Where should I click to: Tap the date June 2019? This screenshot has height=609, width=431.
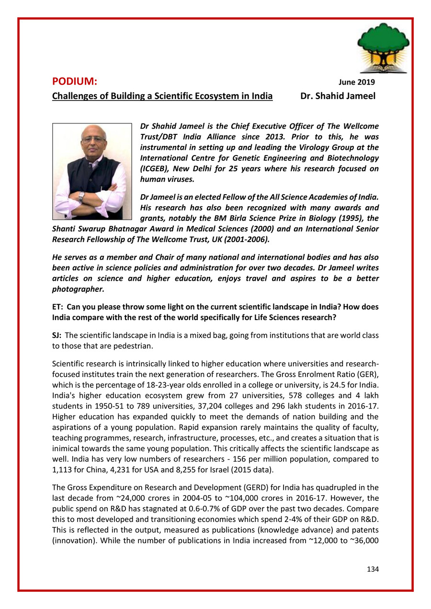357,83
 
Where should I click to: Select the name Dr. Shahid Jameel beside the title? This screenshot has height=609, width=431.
337,96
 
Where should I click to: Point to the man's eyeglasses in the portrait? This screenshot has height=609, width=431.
93,140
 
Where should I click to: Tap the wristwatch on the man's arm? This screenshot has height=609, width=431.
81,196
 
